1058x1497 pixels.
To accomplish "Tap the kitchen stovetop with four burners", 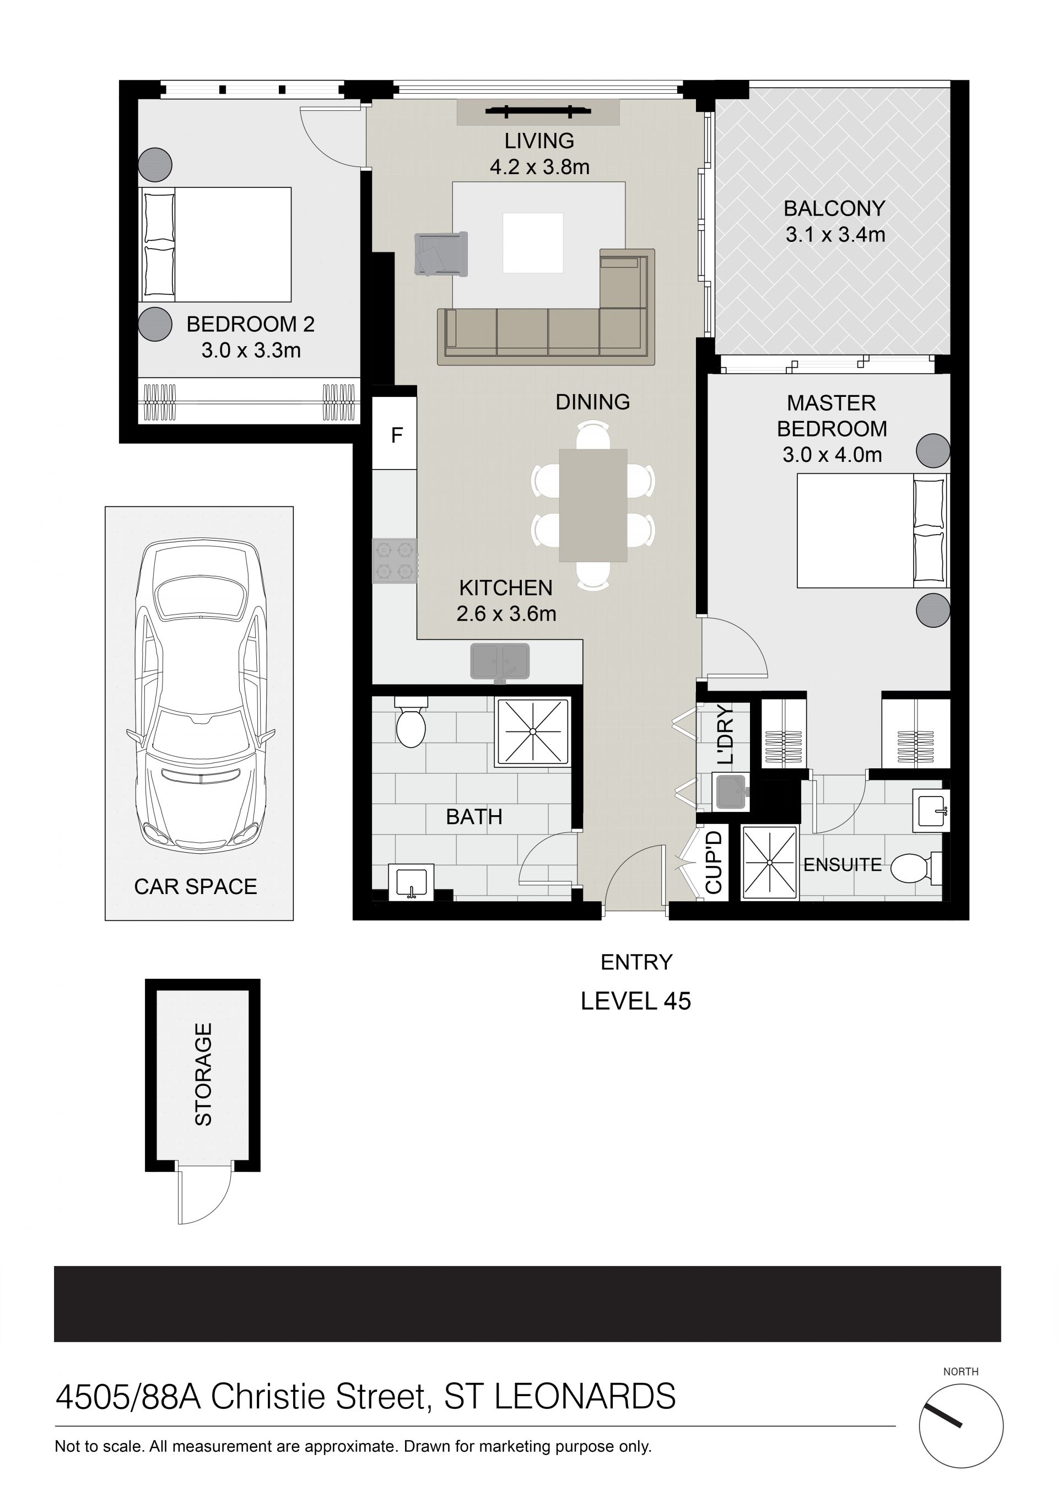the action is pos(395,561).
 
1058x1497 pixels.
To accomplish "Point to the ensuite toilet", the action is pos(916,868).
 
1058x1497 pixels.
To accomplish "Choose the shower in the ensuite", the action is pos(770,863).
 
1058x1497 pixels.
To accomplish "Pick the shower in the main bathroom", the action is pos(533,731).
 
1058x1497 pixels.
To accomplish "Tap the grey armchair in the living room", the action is pos(441,254).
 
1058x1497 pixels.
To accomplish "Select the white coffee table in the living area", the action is pos(533,243).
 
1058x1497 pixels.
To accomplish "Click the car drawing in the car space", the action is pos(199,694).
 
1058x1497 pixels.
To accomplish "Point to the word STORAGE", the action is pos(203,1074).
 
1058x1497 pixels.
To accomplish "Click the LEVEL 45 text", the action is pos(635,1001).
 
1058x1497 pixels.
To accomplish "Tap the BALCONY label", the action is pos(834,209).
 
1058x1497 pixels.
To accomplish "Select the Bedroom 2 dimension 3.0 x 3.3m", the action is pos(251,351).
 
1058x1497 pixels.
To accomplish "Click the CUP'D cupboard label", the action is pos(714,862).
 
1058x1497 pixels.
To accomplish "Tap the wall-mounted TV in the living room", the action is pos(538,111).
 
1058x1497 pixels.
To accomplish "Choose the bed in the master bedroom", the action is pos(872,531).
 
